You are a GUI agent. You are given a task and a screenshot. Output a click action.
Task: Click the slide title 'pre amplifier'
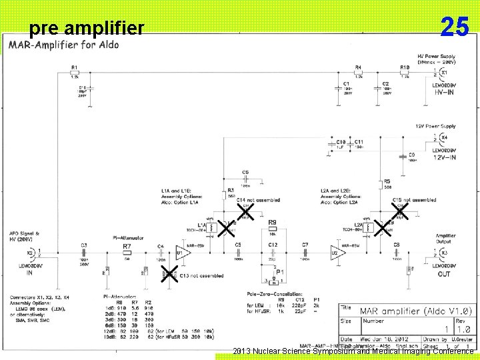[87, 28]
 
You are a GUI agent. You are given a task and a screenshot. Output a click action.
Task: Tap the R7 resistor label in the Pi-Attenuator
[127, 246]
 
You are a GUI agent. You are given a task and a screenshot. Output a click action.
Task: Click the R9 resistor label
[272, 222]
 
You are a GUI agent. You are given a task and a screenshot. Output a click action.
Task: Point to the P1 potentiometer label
[280, 272]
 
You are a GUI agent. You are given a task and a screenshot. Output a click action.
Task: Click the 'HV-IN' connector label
[447, 93]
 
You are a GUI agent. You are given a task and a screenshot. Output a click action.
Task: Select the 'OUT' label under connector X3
[444, 274]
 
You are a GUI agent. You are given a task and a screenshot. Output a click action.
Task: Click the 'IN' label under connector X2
[29, 273]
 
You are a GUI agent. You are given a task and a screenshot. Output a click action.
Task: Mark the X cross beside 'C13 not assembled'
[169, 273]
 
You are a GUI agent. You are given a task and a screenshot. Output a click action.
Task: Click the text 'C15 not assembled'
[415, 199]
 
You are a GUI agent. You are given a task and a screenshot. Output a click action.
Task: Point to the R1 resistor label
[74, 67]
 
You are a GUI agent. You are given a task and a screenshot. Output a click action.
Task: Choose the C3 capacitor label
[84, 245]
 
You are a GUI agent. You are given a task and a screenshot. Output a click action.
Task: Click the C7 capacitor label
[305, 245]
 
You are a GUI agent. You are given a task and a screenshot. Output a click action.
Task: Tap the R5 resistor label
[387, 181]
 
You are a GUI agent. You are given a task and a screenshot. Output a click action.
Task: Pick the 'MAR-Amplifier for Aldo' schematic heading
[65, 45]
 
